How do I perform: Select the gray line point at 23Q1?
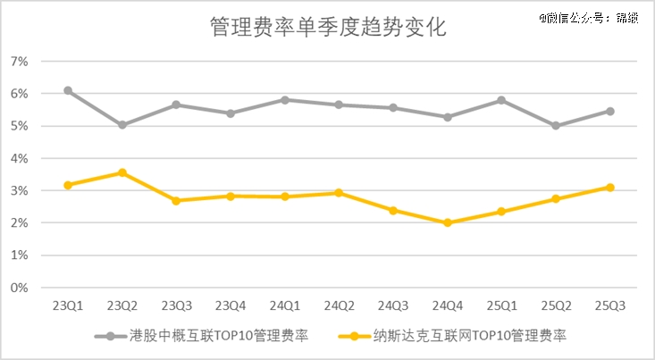coord(68,91)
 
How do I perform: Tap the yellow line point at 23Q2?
coord(122,172)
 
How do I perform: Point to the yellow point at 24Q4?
coord(448,222)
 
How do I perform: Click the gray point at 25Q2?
coord(556,126)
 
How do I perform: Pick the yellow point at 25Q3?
coord(610,188)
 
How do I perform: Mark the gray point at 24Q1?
coord(285,100)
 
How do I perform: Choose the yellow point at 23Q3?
coord(176,201)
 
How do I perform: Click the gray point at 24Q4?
coord(448,117)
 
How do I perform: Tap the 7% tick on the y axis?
coord(20,62)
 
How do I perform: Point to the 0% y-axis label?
coord(20,289)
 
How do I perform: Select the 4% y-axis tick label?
coord(20,159)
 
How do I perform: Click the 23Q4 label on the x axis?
coord(231,306)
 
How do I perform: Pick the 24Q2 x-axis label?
coord(340,306)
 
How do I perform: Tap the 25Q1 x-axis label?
coord(502,306)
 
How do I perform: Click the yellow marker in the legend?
coord(354,337)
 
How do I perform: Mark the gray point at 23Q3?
coord(176,105)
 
